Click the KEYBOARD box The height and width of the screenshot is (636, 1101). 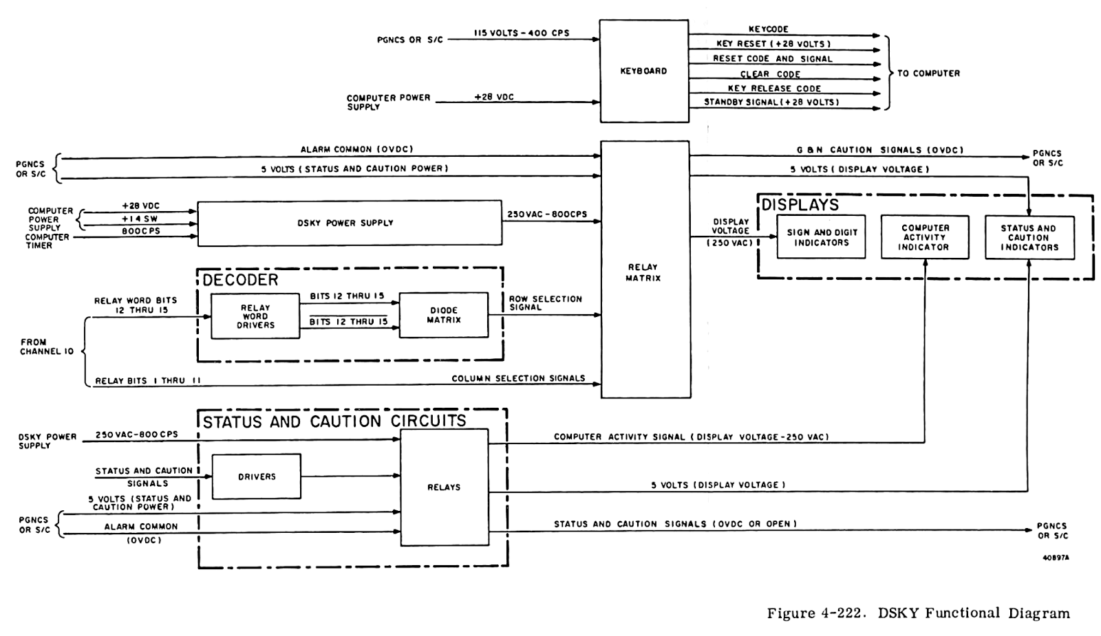tap(643, 71)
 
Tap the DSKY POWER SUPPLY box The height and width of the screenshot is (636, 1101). tap(350, 223)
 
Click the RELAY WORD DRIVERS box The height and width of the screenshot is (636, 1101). tap(255, 316)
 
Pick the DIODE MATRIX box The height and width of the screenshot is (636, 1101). tap(443, 315)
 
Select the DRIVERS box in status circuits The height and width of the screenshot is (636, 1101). tap(257, 476)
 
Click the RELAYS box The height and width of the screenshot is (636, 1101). tap(444, 487)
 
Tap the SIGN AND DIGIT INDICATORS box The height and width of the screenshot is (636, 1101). tap(822, 237)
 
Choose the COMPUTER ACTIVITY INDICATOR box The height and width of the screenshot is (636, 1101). tap(925, 237)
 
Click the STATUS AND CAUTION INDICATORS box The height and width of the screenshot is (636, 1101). tap(1029, 238)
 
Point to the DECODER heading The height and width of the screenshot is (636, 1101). tap(240, 280)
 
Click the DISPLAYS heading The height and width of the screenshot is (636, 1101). tap(800, 205)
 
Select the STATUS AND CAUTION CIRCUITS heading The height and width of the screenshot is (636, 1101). tap(334, 421)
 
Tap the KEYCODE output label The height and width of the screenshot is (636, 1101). tap(768, 30)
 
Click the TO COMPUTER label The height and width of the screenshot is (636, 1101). tap(928, 73)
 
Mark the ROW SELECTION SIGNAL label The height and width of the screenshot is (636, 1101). tap(545, 303)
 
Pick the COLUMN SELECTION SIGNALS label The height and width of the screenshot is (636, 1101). tap(518, 378)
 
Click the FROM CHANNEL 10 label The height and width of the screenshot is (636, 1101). tap(47, 347)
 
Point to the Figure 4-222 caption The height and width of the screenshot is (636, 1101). tap(918, 613)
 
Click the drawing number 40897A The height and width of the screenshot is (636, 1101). tap(1056, 558)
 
